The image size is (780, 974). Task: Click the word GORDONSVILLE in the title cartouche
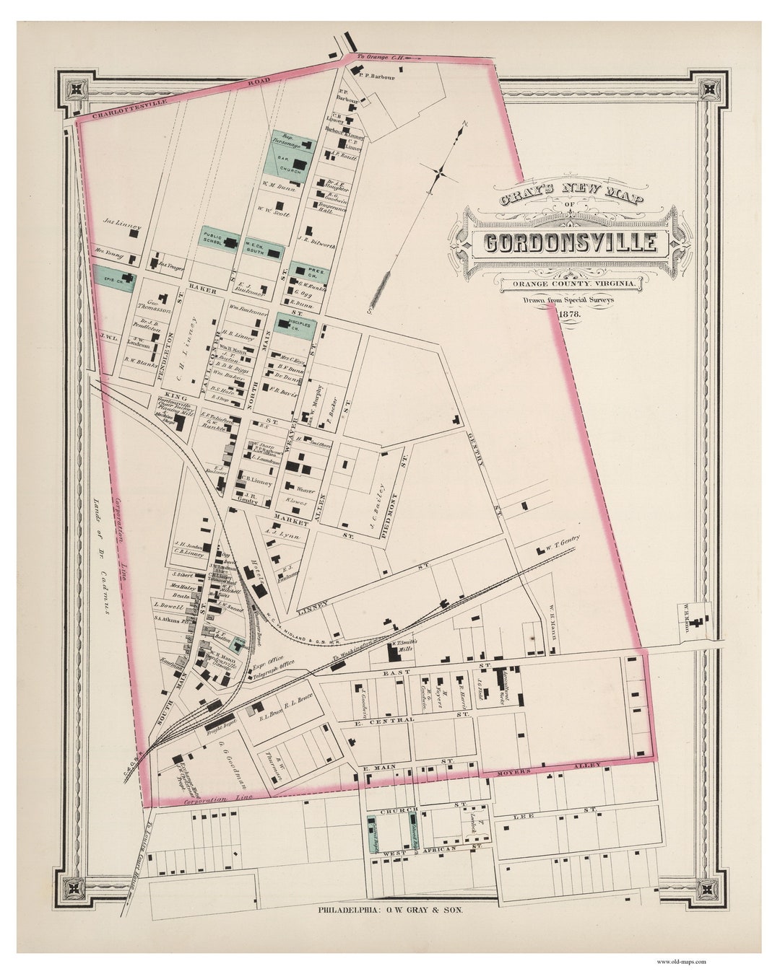tap(570, 243)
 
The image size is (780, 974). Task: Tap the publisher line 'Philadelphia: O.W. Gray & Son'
tap(390, 911)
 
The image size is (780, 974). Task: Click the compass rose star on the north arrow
tap(440, 172)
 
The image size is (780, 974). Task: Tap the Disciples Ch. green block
tap(296, 326)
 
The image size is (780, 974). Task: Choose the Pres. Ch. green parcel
tap(311, 271)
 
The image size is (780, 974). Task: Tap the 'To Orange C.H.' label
tap(381, 56)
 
